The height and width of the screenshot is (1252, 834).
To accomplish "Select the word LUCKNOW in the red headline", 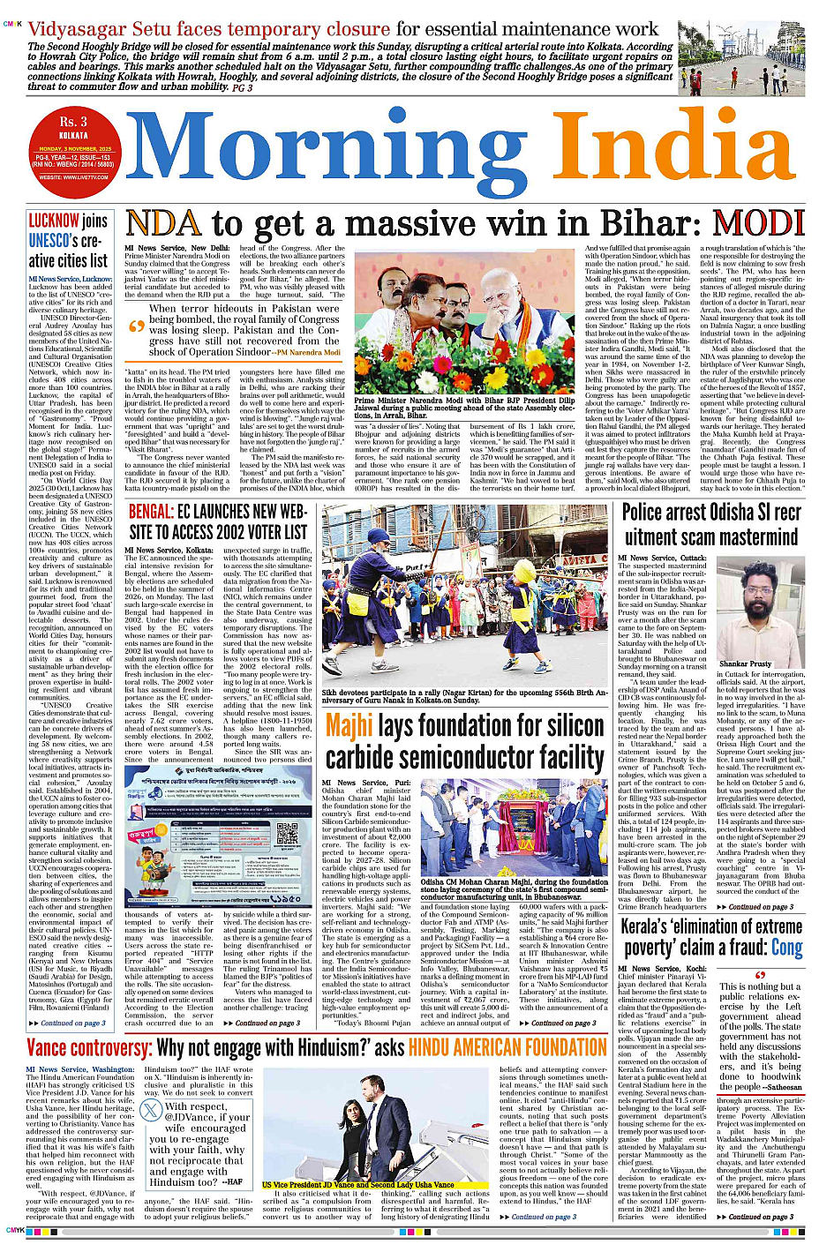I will click(54, 221).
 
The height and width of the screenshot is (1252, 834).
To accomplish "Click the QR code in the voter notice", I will click(288, 833).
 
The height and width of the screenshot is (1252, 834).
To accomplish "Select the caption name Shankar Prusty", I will click(746, 663).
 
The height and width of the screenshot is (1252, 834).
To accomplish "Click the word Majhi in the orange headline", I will click(349, 726).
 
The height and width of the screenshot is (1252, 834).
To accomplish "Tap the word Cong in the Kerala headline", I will click(787, 948).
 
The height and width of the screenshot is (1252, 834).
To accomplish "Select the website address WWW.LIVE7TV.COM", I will click(73, 177).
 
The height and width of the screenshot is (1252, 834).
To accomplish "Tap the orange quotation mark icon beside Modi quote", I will click(136, 326).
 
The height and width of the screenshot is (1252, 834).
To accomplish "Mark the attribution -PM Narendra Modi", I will click(307, 352).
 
